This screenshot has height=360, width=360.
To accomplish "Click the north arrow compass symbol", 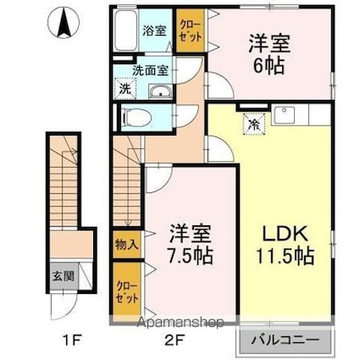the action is (x=64, y=23).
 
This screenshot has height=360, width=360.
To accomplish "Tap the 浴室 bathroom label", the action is (x=154, y=30).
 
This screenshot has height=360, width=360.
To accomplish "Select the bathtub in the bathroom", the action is (x=126, y=30).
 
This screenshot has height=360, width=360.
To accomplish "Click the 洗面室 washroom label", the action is (x=151, y=70).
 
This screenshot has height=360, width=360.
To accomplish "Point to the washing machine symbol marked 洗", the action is (x=125, y=89).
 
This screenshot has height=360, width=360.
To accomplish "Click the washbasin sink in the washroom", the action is (x=161, y=91).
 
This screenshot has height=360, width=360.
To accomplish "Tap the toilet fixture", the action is (x=136, y=117).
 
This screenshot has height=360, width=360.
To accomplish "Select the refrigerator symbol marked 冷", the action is (x=255, y=125).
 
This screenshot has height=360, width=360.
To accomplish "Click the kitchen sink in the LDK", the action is (x=285, y=115).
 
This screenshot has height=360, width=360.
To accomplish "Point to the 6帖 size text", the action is (x=269, y=67).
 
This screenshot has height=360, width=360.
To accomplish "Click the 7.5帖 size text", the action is (x=190, y=256).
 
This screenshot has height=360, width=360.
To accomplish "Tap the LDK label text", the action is (x=285, y=233).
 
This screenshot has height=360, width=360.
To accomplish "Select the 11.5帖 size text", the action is (x=285, y=256).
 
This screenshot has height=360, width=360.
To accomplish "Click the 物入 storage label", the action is (x=127, y=245).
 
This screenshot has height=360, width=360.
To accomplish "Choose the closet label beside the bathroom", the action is (x=191, y=31).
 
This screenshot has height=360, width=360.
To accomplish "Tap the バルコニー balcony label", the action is (x=285, y=340).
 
